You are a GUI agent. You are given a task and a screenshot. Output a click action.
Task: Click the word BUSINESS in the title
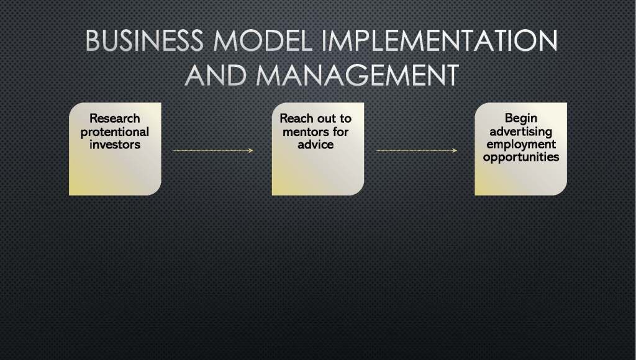[144, 40]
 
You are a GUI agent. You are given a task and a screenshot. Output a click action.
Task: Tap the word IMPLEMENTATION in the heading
[440, 40]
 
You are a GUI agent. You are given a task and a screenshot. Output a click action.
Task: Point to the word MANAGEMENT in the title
[358, 75]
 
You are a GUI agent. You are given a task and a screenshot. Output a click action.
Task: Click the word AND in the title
[216, 75]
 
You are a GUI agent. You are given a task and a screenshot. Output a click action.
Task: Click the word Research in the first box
[115, 119]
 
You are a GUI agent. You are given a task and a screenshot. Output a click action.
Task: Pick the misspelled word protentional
[115, 132]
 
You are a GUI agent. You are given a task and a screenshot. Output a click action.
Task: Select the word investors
[115, 145]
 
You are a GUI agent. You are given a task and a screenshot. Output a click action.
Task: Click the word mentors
[306, 132]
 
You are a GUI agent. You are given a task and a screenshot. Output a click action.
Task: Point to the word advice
[316, 145]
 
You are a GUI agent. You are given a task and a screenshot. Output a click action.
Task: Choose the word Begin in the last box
[521, 119]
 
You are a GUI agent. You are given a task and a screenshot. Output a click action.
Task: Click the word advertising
[521, 132]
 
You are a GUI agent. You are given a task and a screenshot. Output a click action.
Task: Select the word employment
[521, 145]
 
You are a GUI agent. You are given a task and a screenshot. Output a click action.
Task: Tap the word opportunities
[521, 157]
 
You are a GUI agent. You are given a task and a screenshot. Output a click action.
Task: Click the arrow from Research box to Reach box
[212, 150]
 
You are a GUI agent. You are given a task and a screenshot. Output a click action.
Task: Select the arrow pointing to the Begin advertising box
[417, 150]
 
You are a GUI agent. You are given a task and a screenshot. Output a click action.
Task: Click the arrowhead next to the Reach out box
[251, 150]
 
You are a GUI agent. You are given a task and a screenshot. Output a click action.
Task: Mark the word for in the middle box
[341, 132]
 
